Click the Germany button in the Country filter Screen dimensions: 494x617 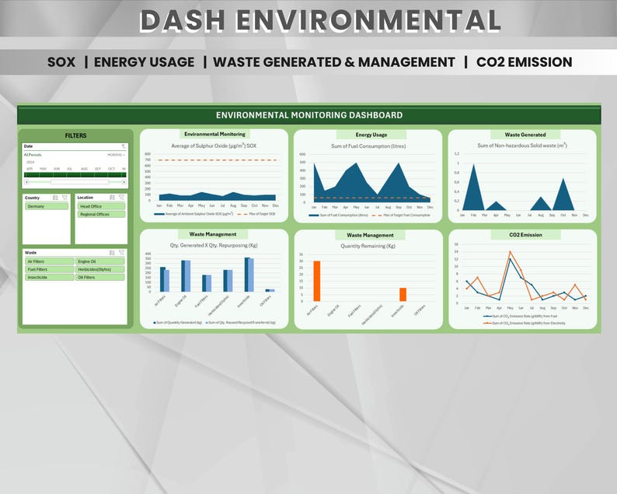click(36, 206)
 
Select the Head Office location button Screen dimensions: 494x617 click(91, 206)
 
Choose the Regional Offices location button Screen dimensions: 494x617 click(94, 214)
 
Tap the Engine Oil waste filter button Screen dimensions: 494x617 click(87, 261)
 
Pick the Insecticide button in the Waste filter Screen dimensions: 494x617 click(39, 277)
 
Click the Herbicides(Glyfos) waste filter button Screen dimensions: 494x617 click(95, 269)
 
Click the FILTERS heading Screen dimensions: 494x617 click(75, 135)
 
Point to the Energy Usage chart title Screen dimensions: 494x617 click(371, 135)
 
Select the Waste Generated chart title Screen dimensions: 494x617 click(525, 135)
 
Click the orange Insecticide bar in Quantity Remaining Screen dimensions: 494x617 click(403, 294)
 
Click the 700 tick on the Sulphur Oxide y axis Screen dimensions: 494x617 click(147, 160)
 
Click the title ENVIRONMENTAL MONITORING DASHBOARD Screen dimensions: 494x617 click(309, 114)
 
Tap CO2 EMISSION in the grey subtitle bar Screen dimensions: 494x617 click(524, 62)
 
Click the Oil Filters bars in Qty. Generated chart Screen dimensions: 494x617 click(270, 290)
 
